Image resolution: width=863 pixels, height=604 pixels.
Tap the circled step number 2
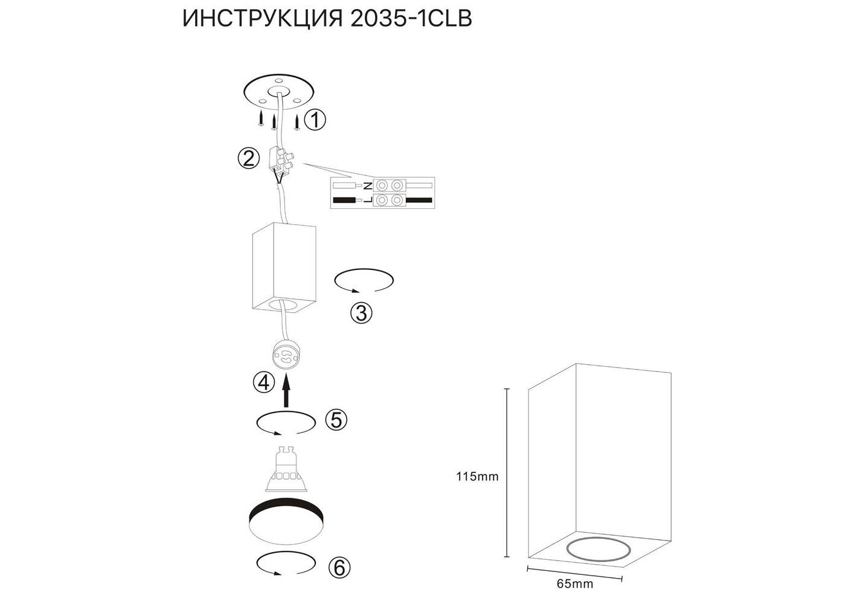coord(248,159)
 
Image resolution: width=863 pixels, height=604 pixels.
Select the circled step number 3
coord(361,313)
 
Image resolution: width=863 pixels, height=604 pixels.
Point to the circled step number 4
coord(264,383)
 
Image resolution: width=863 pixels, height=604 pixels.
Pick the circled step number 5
coord(336,420)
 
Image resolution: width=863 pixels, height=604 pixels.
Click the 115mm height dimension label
coord(477,477)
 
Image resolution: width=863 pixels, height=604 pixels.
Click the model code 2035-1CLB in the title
coord(411,19)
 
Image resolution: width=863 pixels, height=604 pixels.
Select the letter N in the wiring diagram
coord(368,186)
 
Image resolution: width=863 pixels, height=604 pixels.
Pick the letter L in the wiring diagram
coord(368,200)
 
